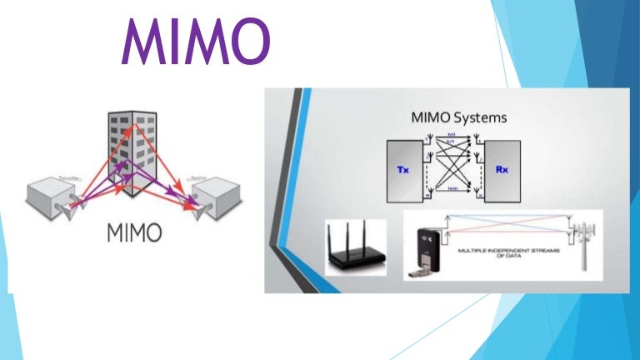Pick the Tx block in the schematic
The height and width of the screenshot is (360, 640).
[x=402, y=169]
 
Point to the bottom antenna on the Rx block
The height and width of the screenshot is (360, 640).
[x=481, y=196]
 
